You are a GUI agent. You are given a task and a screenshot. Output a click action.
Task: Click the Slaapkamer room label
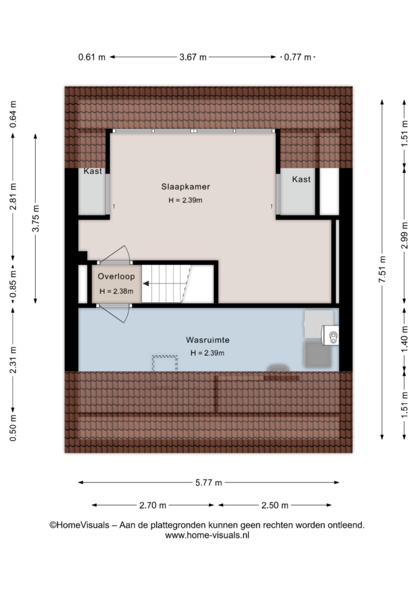click(x=185, y=187)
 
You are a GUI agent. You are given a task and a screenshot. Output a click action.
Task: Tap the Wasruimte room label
click(x=207, y=340)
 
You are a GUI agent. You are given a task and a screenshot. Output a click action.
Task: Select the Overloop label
click(x=116, y=277)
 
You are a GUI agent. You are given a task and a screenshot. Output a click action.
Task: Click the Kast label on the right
click(x=301, y=179)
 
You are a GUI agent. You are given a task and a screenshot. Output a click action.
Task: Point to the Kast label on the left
click(x=93, y=171)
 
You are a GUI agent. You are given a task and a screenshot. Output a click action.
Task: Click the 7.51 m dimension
click(x=382, y=270)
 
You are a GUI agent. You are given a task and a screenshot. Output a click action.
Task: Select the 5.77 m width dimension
click(x=208, y=483)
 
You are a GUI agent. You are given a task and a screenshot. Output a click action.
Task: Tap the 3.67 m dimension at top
click(x=193, y=57)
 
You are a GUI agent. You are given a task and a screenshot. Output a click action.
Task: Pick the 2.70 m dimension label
click(x=153, y=505)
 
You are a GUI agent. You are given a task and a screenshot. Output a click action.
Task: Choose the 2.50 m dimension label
click(x=275, y=505)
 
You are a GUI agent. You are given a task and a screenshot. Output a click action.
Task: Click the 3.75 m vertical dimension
click(x=36, y=218)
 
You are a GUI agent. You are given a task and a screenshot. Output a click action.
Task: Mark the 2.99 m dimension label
click(x=404, y=236)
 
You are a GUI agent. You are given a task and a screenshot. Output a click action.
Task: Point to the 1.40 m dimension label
click(x=404, y=339)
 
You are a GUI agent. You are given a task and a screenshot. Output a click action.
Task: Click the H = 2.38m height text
click(x=116, y=291)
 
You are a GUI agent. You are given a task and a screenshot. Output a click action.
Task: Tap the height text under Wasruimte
click(x=207, y=353)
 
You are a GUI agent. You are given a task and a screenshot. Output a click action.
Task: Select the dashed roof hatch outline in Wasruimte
click(x=165, y=372)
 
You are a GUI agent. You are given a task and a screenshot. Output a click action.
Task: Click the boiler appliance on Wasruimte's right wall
click(x=330, y=335)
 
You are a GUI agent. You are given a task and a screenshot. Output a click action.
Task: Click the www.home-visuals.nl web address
click(x=207, y=535)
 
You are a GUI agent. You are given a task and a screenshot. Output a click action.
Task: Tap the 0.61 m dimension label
click(x=92, y=57)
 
